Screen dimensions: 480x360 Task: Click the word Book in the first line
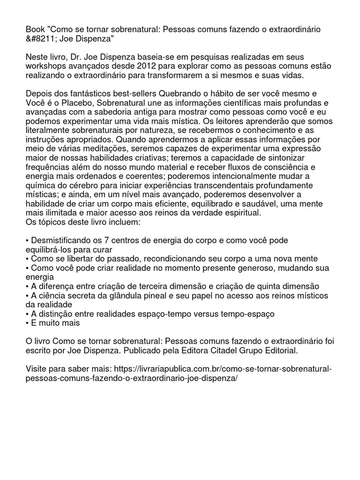point(35,30)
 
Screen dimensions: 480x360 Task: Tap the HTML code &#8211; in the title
point(43,38)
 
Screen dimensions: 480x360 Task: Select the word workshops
point(48,66)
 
